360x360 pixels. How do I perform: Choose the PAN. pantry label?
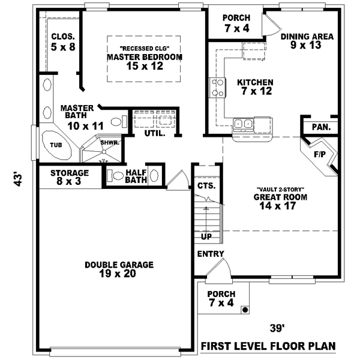click(320, 127)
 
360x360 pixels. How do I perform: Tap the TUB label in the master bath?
click(56, 145)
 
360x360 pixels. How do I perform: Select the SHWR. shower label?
click(109, 143)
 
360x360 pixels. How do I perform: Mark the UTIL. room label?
click(154, 133)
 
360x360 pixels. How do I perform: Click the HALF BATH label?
click(136, 176)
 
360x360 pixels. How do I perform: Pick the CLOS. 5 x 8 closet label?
click(63, 41)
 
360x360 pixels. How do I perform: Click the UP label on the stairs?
click(206, 236)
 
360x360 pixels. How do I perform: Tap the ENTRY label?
click(210, 254)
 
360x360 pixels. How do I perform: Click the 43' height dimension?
click(18, 179)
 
